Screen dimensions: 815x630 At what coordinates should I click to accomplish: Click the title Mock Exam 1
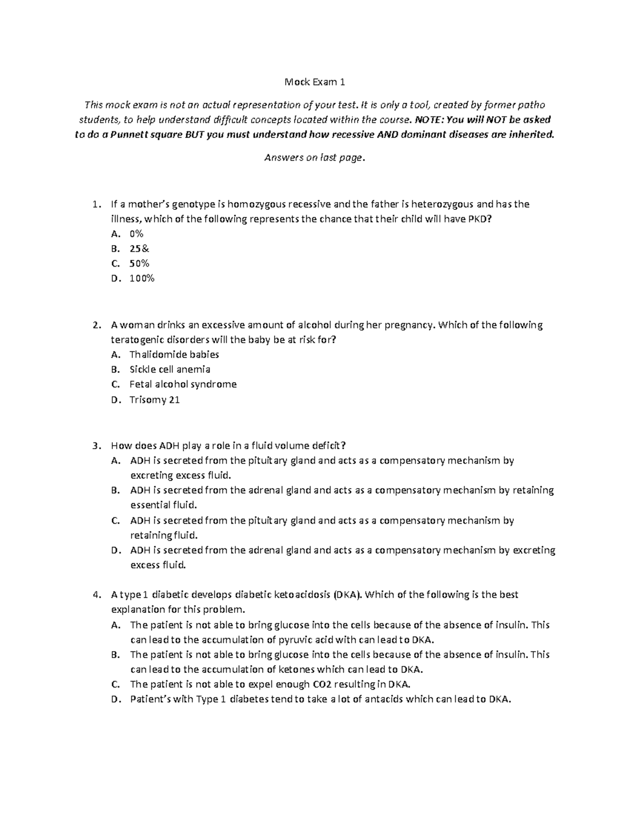[x=314, y=82]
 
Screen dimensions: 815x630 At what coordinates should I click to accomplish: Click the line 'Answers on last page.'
[x=314, y=157]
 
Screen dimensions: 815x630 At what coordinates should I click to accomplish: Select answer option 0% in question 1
[x=136, y=234]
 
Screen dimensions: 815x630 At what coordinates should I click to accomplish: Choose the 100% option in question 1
[x=142, y=279]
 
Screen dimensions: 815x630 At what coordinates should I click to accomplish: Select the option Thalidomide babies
[x=174, y=354]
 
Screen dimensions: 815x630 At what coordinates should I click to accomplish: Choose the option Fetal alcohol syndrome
[x=183, y=384]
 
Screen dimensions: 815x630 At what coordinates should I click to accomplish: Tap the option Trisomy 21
[x=154, y=400]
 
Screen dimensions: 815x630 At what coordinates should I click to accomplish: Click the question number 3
[x=95, y=446]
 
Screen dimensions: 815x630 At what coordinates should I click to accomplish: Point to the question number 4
[x=95, y=595]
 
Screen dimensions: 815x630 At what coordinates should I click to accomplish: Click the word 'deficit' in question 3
[x=327, y=446]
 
